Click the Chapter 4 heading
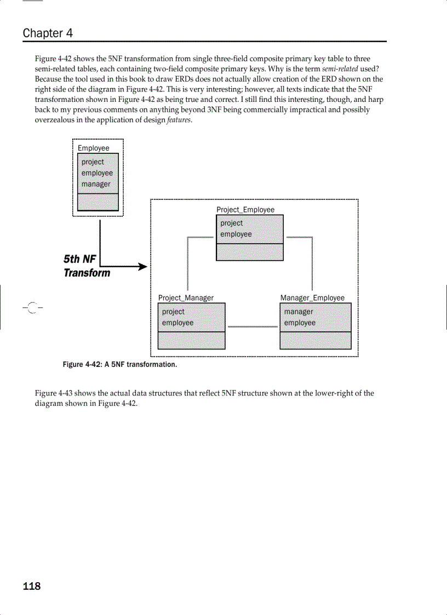[x=48, y=33]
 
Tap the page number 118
[x=32, y=587]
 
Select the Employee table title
[x=93, y=148]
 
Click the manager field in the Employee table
[x=96, y=185]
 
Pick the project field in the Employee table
[x=93, y=162]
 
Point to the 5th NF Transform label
[x=87, y=266]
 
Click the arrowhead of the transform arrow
[x=144, y=267]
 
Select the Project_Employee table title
[x=245, y=210]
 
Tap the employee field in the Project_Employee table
[x=236, y=234]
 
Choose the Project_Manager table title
[x=186, y=298]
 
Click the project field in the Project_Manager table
[x=173, y=312]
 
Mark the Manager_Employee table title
[x=312, y=298]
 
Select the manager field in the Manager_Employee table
[x=299, y=312]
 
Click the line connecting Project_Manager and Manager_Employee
[x=252, y=327]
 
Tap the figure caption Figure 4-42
[x=120, y=365]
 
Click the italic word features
[x=180, y=120]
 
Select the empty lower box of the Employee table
[x=98, y=202]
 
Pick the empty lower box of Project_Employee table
[x=250, y=252]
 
